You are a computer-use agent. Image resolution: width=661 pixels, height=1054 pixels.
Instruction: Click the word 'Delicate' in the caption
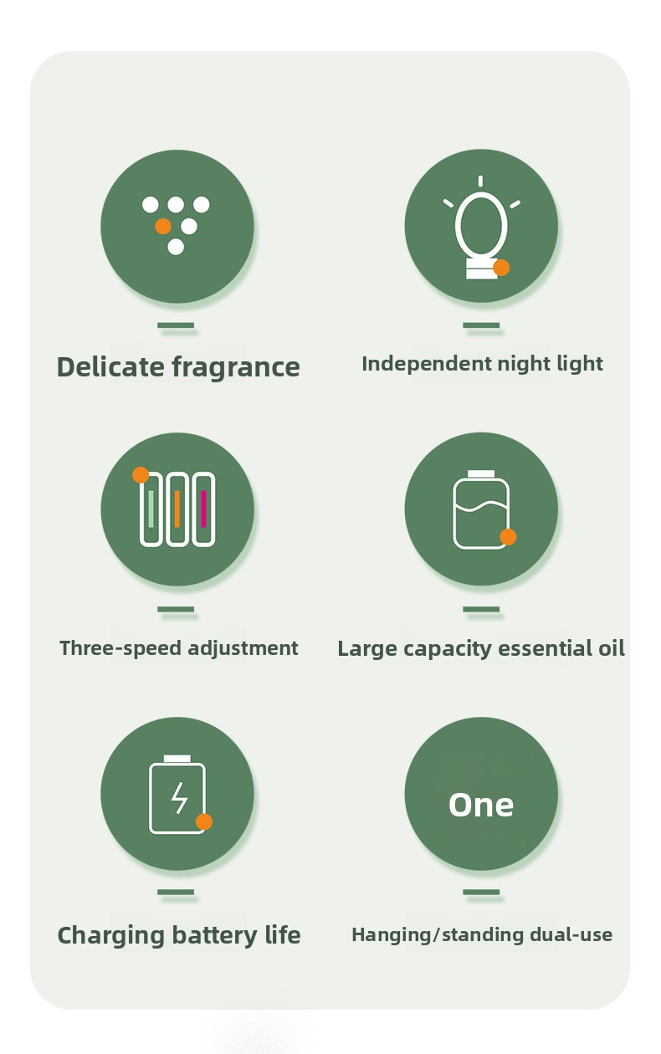point(110,367)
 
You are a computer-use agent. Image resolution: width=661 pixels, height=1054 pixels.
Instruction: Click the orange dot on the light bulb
point(501,268)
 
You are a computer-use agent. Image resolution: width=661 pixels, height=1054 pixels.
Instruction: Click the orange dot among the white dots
point(163,226)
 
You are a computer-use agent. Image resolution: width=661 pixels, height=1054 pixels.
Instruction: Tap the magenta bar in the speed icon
point(203,509)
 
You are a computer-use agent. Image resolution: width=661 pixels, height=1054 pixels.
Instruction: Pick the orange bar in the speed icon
point(177,509)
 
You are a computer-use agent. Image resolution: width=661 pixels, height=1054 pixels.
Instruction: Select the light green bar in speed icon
point(151,509)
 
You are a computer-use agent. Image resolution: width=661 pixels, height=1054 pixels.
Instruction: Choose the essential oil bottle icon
point(481,510)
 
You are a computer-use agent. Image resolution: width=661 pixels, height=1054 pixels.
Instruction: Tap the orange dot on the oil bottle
point(508,537)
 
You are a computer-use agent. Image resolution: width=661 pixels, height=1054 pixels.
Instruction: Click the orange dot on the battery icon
point(204,821)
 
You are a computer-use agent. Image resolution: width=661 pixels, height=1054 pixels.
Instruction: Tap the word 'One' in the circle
point(481,805)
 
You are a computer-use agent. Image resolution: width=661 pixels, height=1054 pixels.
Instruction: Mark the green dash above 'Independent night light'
point(481,325)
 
